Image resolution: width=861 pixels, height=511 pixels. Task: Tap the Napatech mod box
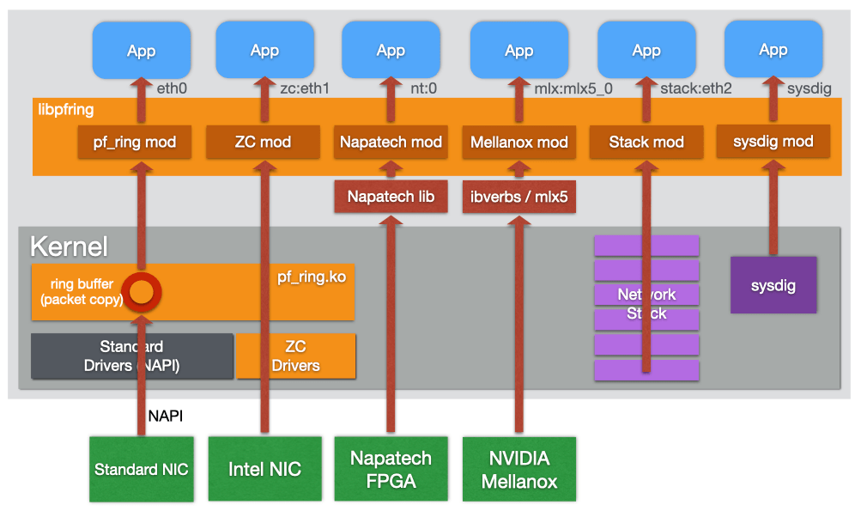click(x=391, y=142)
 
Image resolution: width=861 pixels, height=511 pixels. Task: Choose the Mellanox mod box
click(x=519, y=142)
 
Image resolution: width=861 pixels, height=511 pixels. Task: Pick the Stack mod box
click(x=646, y=142)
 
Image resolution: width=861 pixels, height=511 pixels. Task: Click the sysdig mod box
click(x=773, y=142)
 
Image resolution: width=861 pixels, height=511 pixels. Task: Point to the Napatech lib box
click(x=391, y=197)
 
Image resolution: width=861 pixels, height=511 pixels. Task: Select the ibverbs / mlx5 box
click(x=519, y=197)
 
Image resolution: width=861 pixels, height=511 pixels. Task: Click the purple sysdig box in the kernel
click(x=773, y=285)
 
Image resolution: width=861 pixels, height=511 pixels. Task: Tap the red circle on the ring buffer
click(x=142, y=292)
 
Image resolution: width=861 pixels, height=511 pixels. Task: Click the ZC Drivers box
click(x=295, y=356)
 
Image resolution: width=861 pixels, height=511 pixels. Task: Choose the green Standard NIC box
click(x=142, y=469)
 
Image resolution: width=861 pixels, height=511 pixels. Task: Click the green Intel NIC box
click(x=264, y=469)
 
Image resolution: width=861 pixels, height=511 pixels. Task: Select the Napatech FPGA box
click(x=391, y=469)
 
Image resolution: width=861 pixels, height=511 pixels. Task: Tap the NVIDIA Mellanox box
click(x=519, y=469)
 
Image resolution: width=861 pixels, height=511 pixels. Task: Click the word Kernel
click(x=69, y=247)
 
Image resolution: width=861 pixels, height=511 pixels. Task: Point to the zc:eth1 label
click(x=305, y=88)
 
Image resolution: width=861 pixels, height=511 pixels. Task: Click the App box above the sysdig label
click(x=773, y=50)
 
